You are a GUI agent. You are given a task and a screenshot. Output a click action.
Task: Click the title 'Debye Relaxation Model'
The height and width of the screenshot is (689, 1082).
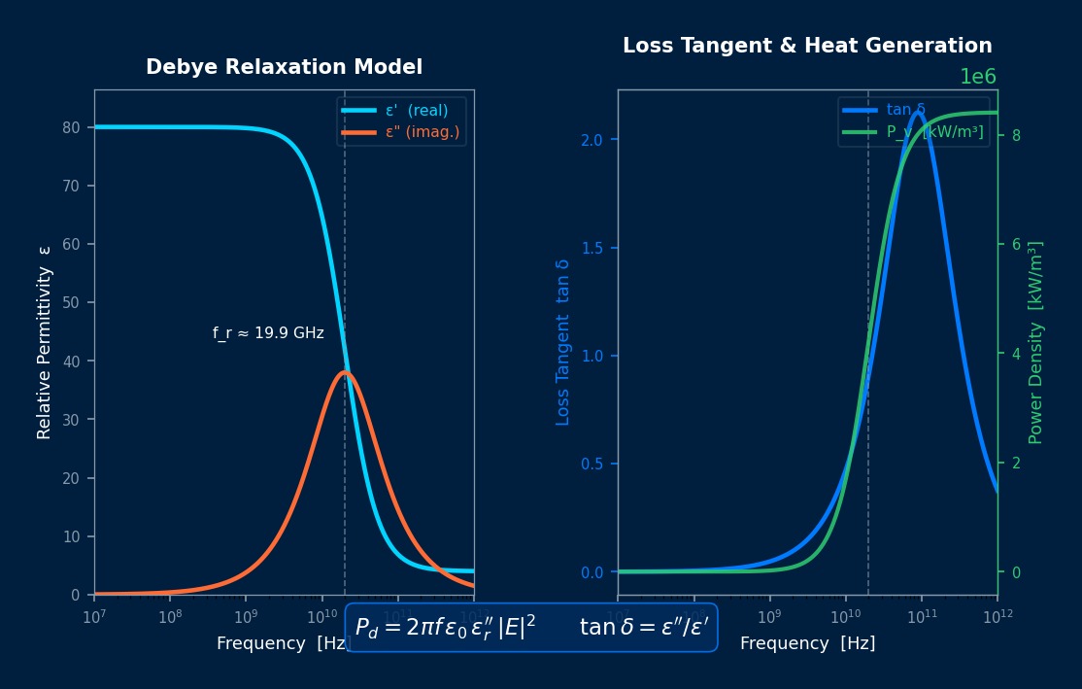[x=284, y=67]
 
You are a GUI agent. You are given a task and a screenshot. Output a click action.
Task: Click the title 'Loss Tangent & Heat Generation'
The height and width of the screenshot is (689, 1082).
[x=807, y=46]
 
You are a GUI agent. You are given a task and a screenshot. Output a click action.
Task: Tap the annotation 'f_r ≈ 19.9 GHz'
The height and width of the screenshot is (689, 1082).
[x=268, y=333]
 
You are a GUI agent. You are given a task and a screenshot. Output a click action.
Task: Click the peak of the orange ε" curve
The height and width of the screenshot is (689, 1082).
[x=345, y=372]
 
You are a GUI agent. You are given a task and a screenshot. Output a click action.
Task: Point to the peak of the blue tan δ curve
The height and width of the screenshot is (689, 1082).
[x=917, y=112]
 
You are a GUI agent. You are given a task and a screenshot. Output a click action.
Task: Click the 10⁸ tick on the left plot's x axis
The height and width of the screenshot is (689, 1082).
[x=170, y=616]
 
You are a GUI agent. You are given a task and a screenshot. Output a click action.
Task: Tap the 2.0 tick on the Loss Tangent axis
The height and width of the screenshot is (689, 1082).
[x=592, y=140]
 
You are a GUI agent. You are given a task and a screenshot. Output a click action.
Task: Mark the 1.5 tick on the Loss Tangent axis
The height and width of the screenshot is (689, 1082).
[x=592, y=248]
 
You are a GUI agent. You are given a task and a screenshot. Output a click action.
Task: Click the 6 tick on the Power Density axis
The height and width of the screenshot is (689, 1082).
[x=1016, y=245]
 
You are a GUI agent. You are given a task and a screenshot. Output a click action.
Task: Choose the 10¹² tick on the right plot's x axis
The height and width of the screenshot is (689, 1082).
[x=997, y=616]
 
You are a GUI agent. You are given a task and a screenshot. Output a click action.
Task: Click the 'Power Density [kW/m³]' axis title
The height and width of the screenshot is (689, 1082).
[x=1035, y=342]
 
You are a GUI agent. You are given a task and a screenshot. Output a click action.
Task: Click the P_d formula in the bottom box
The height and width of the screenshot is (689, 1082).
[x=445, y=628]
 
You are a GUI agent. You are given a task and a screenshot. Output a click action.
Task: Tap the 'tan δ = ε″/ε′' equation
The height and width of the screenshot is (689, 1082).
[x=643, y=628]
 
